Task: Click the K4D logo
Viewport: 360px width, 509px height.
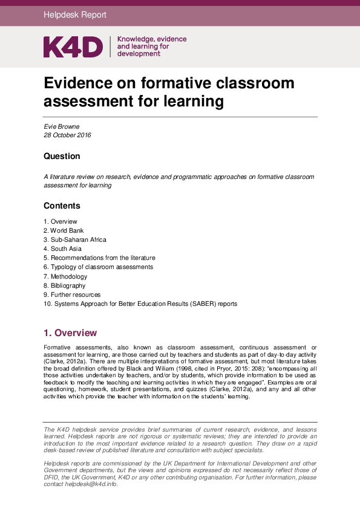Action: tap(73, 47)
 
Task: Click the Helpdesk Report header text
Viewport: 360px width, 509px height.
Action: tap(75, 15)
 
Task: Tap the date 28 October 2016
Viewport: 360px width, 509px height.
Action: tap(67, 135)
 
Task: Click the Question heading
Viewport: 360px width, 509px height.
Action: tap(62, 156)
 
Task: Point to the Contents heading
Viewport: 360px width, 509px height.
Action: tap(62, 206)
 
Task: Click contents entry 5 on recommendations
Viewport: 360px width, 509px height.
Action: tap(99, 258)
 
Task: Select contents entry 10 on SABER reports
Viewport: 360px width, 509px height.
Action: tap(140, 303)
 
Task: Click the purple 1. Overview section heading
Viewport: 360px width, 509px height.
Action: tap(70, 333)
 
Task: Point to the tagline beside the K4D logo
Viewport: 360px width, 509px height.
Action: tap(151, 46)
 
